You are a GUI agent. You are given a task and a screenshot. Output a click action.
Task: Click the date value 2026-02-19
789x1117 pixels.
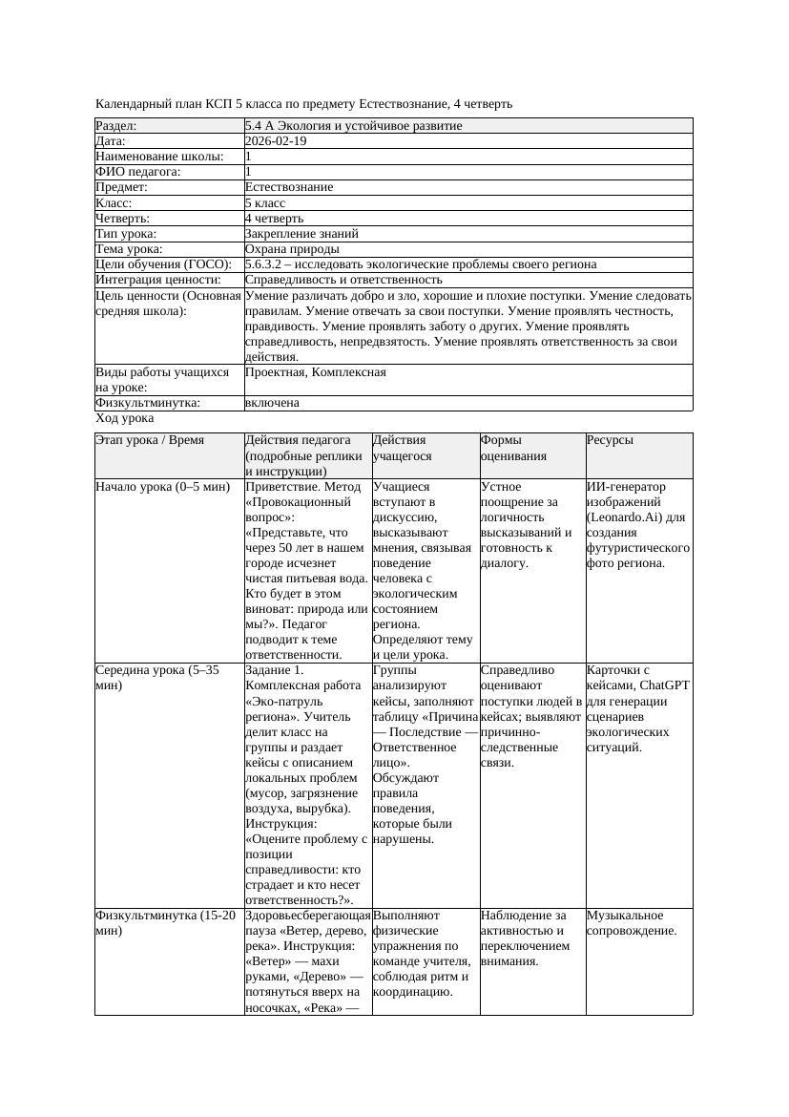click(x=276, y=141)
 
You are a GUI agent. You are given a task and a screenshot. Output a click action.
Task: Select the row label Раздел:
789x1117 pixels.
click(x=116, y=126)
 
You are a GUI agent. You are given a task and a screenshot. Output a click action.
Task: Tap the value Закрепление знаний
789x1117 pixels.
click(x=301, y=233)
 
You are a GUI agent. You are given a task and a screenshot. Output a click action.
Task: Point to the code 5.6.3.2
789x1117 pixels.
click(x=267, y=264)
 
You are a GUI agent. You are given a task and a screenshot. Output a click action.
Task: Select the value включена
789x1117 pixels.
click(x=272, y=403)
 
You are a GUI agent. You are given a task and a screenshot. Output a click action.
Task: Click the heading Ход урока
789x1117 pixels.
click(x=125, y=418)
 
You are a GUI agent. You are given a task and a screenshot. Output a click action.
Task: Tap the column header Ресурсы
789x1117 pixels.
click(x=611, y=440)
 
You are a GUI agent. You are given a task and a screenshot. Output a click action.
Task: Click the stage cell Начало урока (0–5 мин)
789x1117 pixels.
click(x=163, y=487)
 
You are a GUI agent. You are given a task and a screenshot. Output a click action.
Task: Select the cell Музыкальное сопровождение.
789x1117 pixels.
click(x=632, y=923)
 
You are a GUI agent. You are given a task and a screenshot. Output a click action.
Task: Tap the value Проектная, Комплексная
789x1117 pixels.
click(x=316, y=372)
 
